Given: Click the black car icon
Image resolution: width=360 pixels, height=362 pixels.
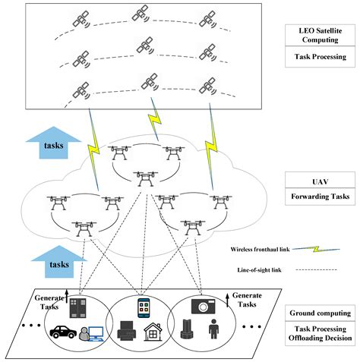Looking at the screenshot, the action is click(63, 332).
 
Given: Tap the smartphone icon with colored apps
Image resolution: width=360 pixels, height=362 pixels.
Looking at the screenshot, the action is click(144, 308).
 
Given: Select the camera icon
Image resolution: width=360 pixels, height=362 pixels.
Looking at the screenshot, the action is click(204, 307).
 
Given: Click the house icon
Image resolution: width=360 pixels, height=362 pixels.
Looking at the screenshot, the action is click(153, 332).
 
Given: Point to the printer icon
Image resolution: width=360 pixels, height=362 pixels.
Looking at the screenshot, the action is click(127, 331).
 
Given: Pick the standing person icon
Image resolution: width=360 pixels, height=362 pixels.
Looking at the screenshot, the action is click(213, 329).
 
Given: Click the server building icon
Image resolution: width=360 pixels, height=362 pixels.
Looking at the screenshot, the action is click(77, 308).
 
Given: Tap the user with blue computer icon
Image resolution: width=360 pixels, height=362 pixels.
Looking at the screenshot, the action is click(91, 334).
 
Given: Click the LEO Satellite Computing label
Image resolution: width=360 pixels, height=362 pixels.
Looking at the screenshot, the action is click(320, 35).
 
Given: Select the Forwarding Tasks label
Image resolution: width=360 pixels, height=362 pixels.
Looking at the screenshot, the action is click(320, 197).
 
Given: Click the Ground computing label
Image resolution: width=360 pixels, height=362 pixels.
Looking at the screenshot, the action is click(320, 313).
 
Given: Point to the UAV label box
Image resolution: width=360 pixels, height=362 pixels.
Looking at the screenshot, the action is click(320, 180).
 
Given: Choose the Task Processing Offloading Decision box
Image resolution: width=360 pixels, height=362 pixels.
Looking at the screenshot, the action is click(320, 333).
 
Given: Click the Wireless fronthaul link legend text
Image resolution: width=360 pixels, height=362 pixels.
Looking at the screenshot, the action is click(260, 249).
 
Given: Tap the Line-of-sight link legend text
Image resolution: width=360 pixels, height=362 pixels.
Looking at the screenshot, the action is click(259, 270).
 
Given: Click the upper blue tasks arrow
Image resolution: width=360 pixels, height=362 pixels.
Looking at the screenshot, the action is click(54, 143).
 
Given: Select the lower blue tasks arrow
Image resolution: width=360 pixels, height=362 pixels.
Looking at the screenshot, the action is click(59, 262).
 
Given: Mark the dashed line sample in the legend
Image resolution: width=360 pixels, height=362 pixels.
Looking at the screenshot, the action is click(316, 270).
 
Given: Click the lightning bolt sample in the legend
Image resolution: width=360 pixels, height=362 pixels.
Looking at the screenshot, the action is click(316, 249).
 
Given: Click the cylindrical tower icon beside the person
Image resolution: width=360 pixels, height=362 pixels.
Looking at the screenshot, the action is click(187, 329).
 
